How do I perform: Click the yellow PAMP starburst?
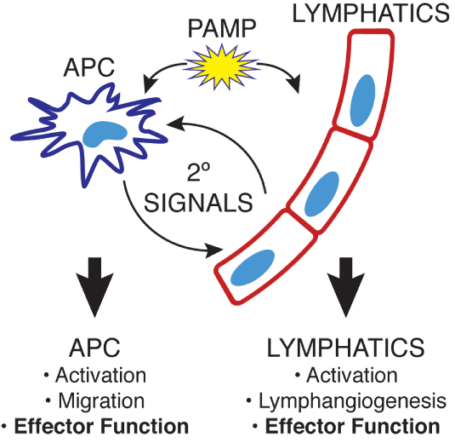point(221,67)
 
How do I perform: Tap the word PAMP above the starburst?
point(222,28)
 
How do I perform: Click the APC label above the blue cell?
point(89,67)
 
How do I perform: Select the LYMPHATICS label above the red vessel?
point(371,13)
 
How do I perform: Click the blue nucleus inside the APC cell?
point(105,134)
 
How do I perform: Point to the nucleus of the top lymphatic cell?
point(362,101)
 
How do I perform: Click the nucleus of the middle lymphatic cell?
point(322,194)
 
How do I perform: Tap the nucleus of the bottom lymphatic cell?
point(253,268)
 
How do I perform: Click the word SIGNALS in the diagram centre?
point(198,203)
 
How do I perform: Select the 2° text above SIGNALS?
point(198,172)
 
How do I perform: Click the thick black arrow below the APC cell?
point(94,287)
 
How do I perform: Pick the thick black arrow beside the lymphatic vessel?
point(346,287)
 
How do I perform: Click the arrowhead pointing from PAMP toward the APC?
point(151,83)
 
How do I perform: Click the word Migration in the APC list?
point(101,401)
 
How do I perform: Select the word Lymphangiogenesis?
point(353,401)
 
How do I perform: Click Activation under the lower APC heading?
point(101,375)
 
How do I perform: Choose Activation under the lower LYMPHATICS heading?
point(352,375)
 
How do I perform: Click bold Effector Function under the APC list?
point(101,427)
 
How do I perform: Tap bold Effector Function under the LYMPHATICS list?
point(353,427)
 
